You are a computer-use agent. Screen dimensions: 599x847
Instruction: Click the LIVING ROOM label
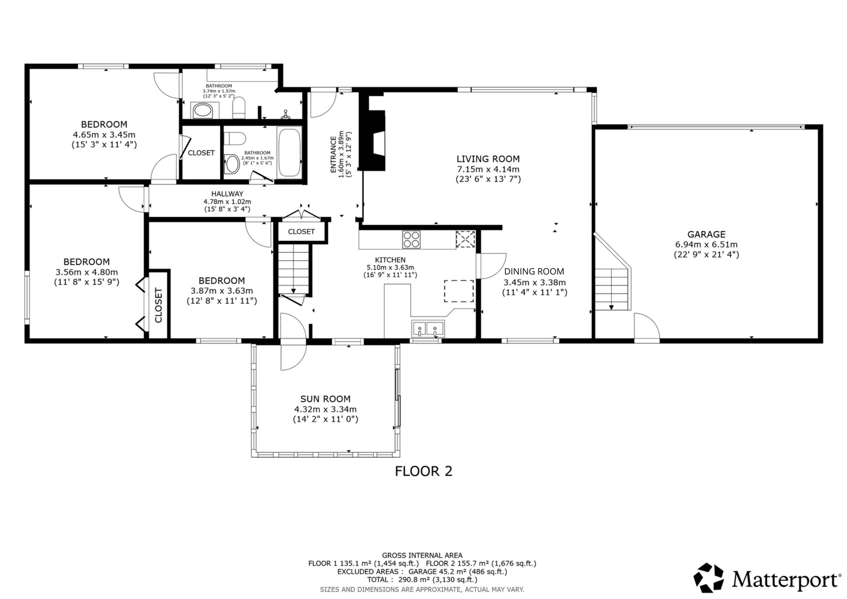pyautogui.click(x=488, y=159)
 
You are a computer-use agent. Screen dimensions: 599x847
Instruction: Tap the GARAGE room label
pyautogui.click(x=706, y=234)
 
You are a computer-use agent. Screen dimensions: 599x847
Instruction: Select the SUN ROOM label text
pyautogui.click(x=325, y=399)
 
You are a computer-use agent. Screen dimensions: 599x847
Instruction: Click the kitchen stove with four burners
pyautogui.click(x=411, y=239)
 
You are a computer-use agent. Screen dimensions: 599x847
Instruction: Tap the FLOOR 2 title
pyautogui.click(x=423, y=471)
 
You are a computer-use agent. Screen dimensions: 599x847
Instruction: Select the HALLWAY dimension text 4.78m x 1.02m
pyautogui.click(x=227, y=202)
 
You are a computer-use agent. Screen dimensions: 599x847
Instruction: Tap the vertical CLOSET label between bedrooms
pyautogui.click(x=158, y=305)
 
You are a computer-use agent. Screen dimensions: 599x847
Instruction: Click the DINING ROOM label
pyautogui.click(x=534, y=272)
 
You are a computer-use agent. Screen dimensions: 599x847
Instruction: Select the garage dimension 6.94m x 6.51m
pyautogui.click(x=706, y=244)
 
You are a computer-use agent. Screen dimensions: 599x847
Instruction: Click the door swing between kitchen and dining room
pyautogui.click(x=491, y=266)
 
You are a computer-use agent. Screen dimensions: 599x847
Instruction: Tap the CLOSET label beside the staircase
pyautogui.click(x=301, y=232)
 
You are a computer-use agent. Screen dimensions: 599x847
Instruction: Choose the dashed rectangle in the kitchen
pyautogui.click(x=459, y=291)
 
